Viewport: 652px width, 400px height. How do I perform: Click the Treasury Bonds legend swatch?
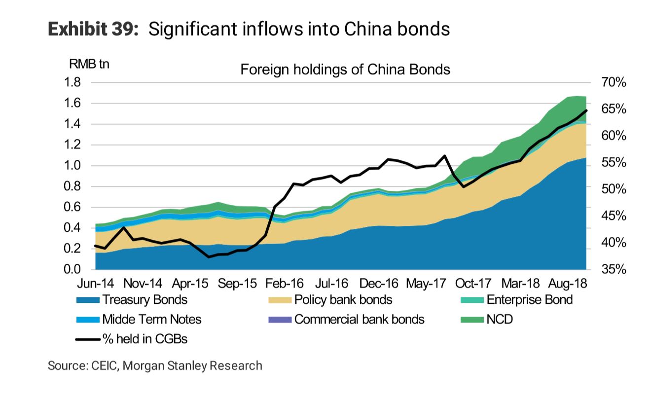pyautogui.click(x=88, y=300)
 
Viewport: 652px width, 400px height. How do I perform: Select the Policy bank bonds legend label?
pyautogui.click(x=343, y=300)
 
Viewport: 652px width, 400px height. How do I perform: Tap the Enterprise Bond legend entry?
pyautogui.click(x=529, y=300)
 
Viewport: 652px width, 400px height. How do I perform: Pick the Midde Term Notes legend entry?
pyautogui.click(x=151, y=320)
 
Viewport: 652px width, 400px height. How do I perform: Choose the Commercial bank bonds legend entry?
pyautogui.click(x=359, y=320)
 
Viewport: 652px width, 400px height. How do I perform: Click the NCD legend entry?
pyautogui.click(x=500, y=320)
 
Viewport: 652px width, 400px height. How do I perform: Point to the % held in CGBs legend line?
pyautogui.click(x=88, y=339)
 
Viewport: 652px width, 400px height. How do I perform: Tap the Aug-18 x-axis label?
pyautogui.click(x=568, y=284)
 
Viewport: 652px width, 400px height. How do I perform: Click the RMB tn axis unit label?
pyautogui.click(x=89, y=64)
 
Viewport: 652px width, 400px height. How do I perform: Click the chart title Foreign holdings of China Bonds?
pyautogui.click(x=345, y=69)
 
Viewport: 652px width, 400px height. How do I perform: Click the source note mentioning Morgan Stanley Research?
pyautogui.click(x=155, y=365)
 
